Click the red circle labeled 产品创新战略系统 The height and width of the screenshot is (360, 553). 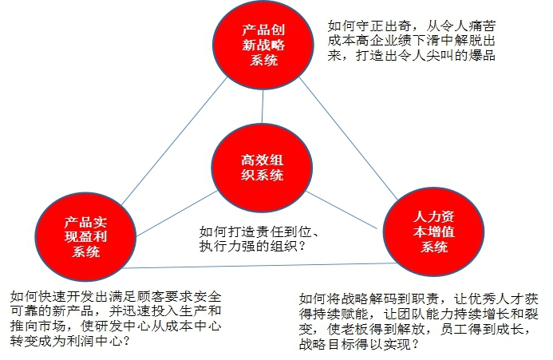coord(263,45)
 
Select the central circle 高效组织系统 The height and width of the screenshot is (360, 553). coord(262,168)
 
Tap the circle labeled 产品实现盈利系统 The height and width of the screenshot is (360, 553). coord(85,236)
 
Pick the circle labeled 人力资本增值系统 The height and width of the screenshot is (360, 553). coord(433,231)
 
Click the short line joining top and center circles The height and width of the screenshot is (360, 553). coord(263,106)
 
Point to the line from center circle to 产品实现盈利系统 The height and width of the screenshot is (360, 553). coord(176,214)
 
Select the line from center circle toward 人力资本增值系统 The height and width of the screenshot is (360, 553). coord(342,210)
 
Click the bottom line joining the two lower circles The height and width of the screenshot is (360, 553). coord(259,266)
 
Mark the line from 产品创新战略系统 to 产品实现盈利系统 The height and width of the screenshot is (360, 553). coord(174,141)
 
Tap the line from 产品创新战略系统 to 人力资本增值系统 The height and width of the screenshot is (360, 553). coord(349,139)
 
